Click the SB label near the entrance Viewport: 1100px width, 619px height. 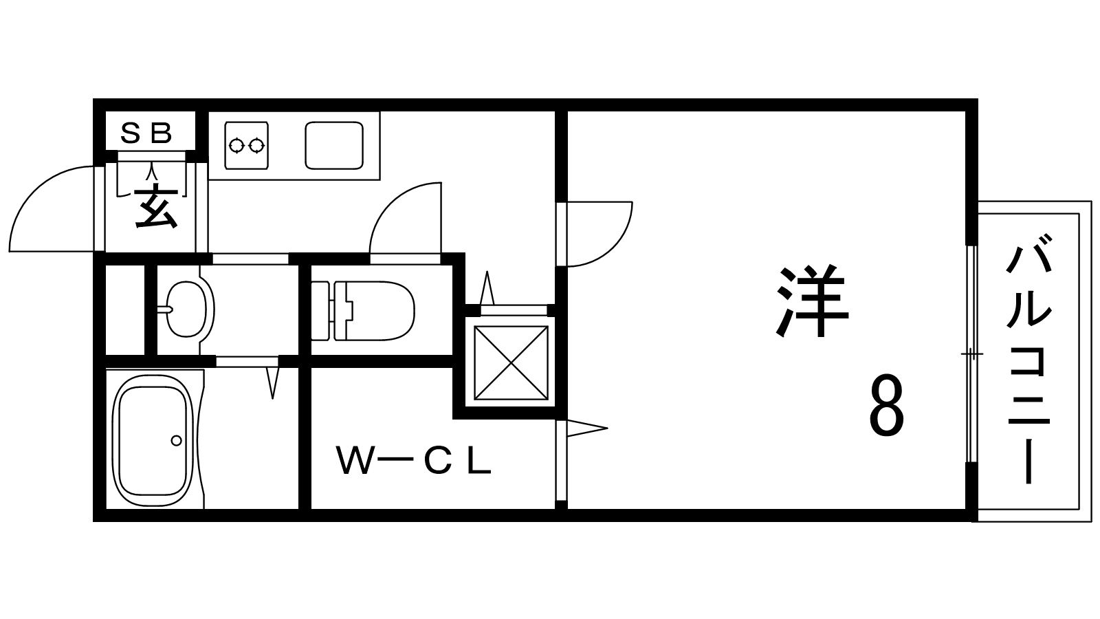pyautogui.click(x=146, y=133)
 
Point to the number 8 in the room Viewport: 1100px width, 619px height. pyautogui.click(x=885, y=407)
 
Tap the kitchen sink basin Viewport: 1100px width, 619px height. pyautogui.click(x=334, y=145)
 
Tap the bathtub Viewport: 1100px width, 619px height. pyautogui.click(x=153, y=439)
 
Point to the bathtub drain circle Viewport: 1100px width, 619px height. pyautogui.click(x=176, y=440)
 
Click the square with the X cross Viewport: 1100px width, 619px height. pyautogui.click(x=511, y=362)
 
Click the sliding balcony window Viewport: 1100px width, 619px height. pyautogui.click(x=971, y=354)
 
